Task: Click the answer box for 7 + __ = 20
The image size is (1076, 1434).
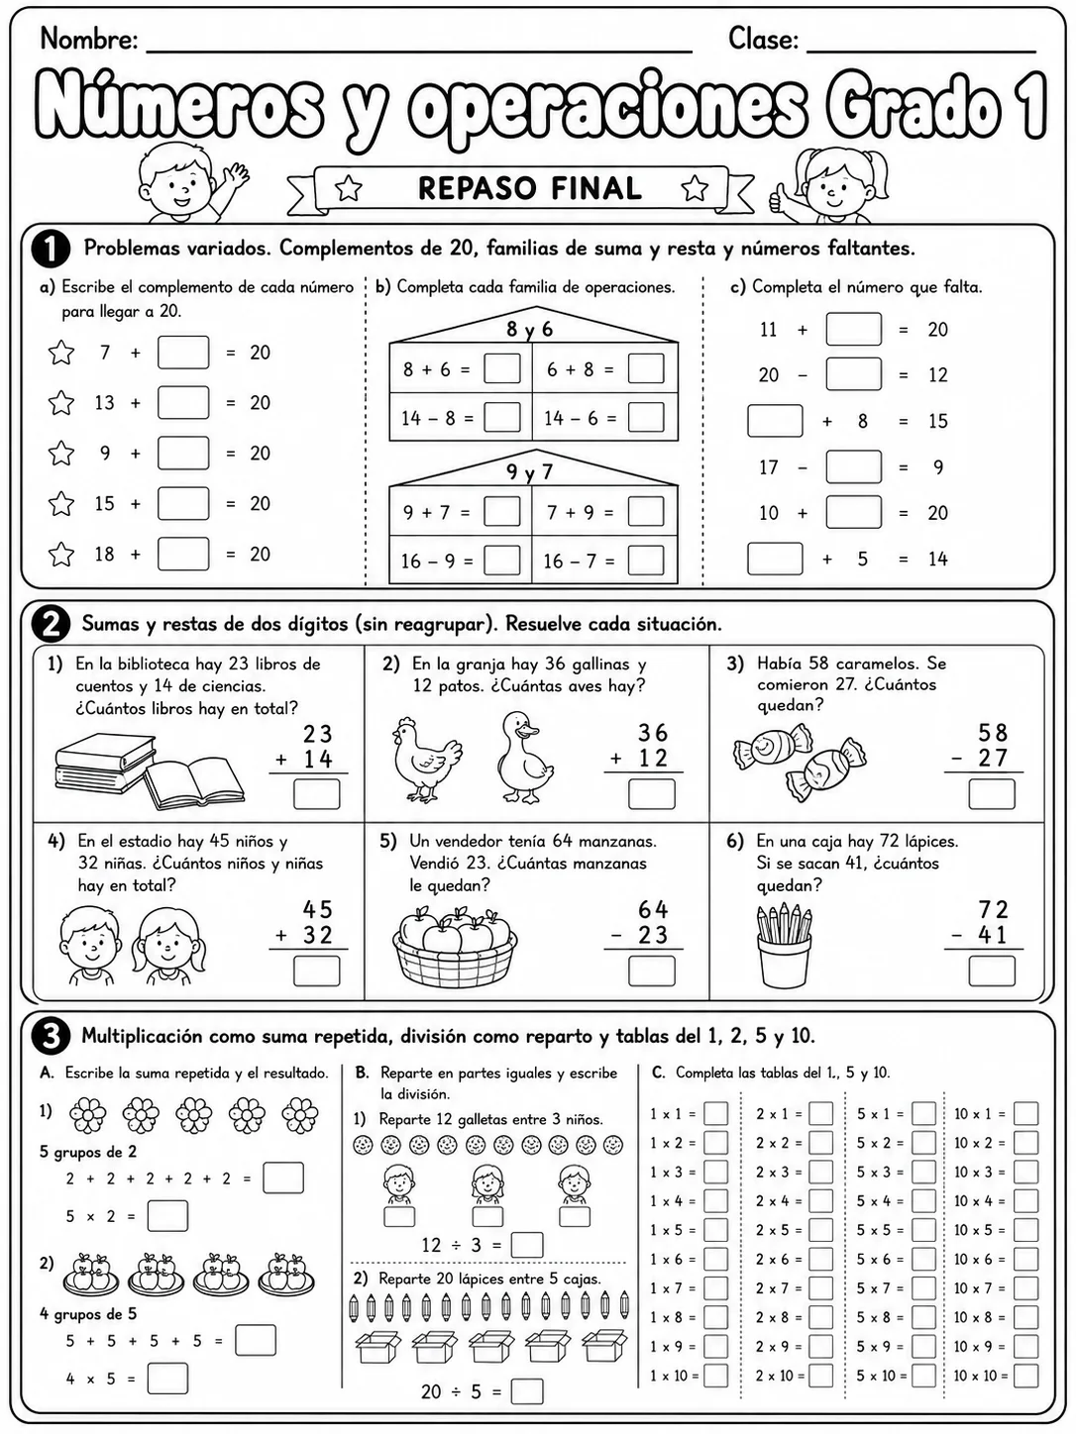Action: tap(183, 353)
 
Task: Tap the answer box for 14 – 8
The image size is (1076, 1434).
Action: tap(501, 418)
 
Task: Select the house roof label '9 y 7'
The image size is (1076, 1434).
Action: tap(529, 471)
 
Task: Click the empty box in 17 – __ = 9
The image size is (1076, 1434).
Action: tap(853, 466)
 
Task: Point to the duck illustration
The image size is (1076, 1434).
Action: tap(525, 757)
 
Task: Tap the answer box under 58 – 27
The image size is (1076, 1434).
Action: tap(991, 794)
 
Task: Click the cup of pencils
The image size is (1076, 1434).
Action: tap(784, 946)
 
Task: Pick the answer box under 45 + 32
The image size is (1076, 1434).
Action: tap(316, 971)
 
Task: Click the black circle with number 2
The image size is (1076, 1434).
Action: tap(51, 624)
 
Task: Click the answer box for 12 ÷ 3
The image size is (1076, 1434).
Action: tap(526, 1245)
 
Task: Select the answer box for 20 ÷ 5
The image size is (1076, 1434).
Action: tap(526, 1391)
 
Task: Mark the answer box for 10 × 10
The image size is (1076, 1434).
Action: tap(1025, 1376)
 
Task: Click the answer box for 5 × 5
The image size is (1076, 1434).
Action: tap(923, 1230)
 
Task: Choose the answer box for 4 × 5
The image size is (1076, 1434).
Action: tap(167, 1379)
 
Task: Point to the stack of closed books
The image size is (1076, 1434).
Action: tap(106, 764)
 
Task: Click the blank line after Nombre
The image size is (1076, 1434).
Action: tap(419, 51)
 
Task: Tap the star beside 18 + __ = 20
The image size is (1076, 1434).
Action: tap(61, 554)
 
